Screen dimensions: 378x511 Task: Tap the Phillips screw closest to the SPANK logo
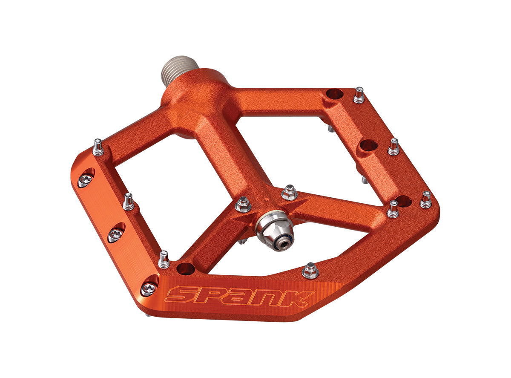pyautogui.click(x=149, y=289)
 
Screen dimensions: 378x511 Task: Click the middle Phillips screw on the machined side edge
pyautogui.click(x=115, y=234)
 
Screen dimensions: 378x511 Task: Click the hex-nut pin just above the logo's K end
pyautogui.click(x=310, y=271)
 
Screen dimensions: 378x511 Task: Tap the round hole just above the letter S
pyautogui.click(x=185, y=269)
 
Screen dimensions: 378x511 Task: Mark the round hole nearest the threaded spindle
pyautogui.click(x=334, y=94)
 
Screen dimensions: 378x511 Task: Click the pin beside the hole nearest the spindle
pyautogui.click(x=359, y=95)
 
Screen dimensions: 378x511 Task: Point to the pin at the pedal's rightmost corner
pyautogui.click(x=426, y=199)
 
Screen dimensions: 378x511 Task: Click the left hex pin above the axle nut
pyautogui.click(x=243, y=204)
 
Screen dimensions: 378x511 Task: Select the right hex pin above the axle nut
pyautogui.click(x=289, y=193)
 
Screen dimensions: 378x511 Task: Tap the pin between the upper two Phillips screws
pyautogui.click(x=129, y=201)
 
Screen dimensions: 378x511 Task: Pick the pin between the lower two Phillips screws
pyautogui.click(x=164, y=259)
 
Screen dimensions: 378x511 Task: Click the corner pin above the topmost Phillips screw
pyautogui.click(x=98, y=147)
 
